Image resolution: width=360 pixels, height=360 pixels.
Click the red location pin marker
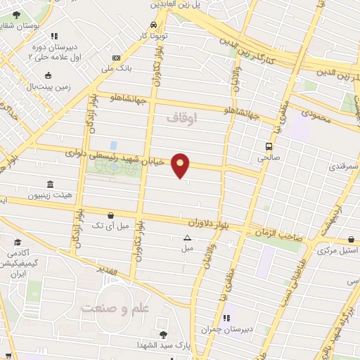point(181,165)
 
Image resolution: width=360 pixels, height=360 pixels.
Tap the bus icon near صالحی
point(269,146)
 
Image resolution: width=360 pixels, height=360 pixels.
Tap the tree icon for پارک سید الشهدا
point(164,335)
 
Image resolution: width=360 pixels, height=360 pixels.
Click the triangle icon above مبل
point(187,238)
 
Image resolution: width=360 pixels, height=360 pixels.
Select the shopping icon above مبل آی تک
point(110,215)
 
